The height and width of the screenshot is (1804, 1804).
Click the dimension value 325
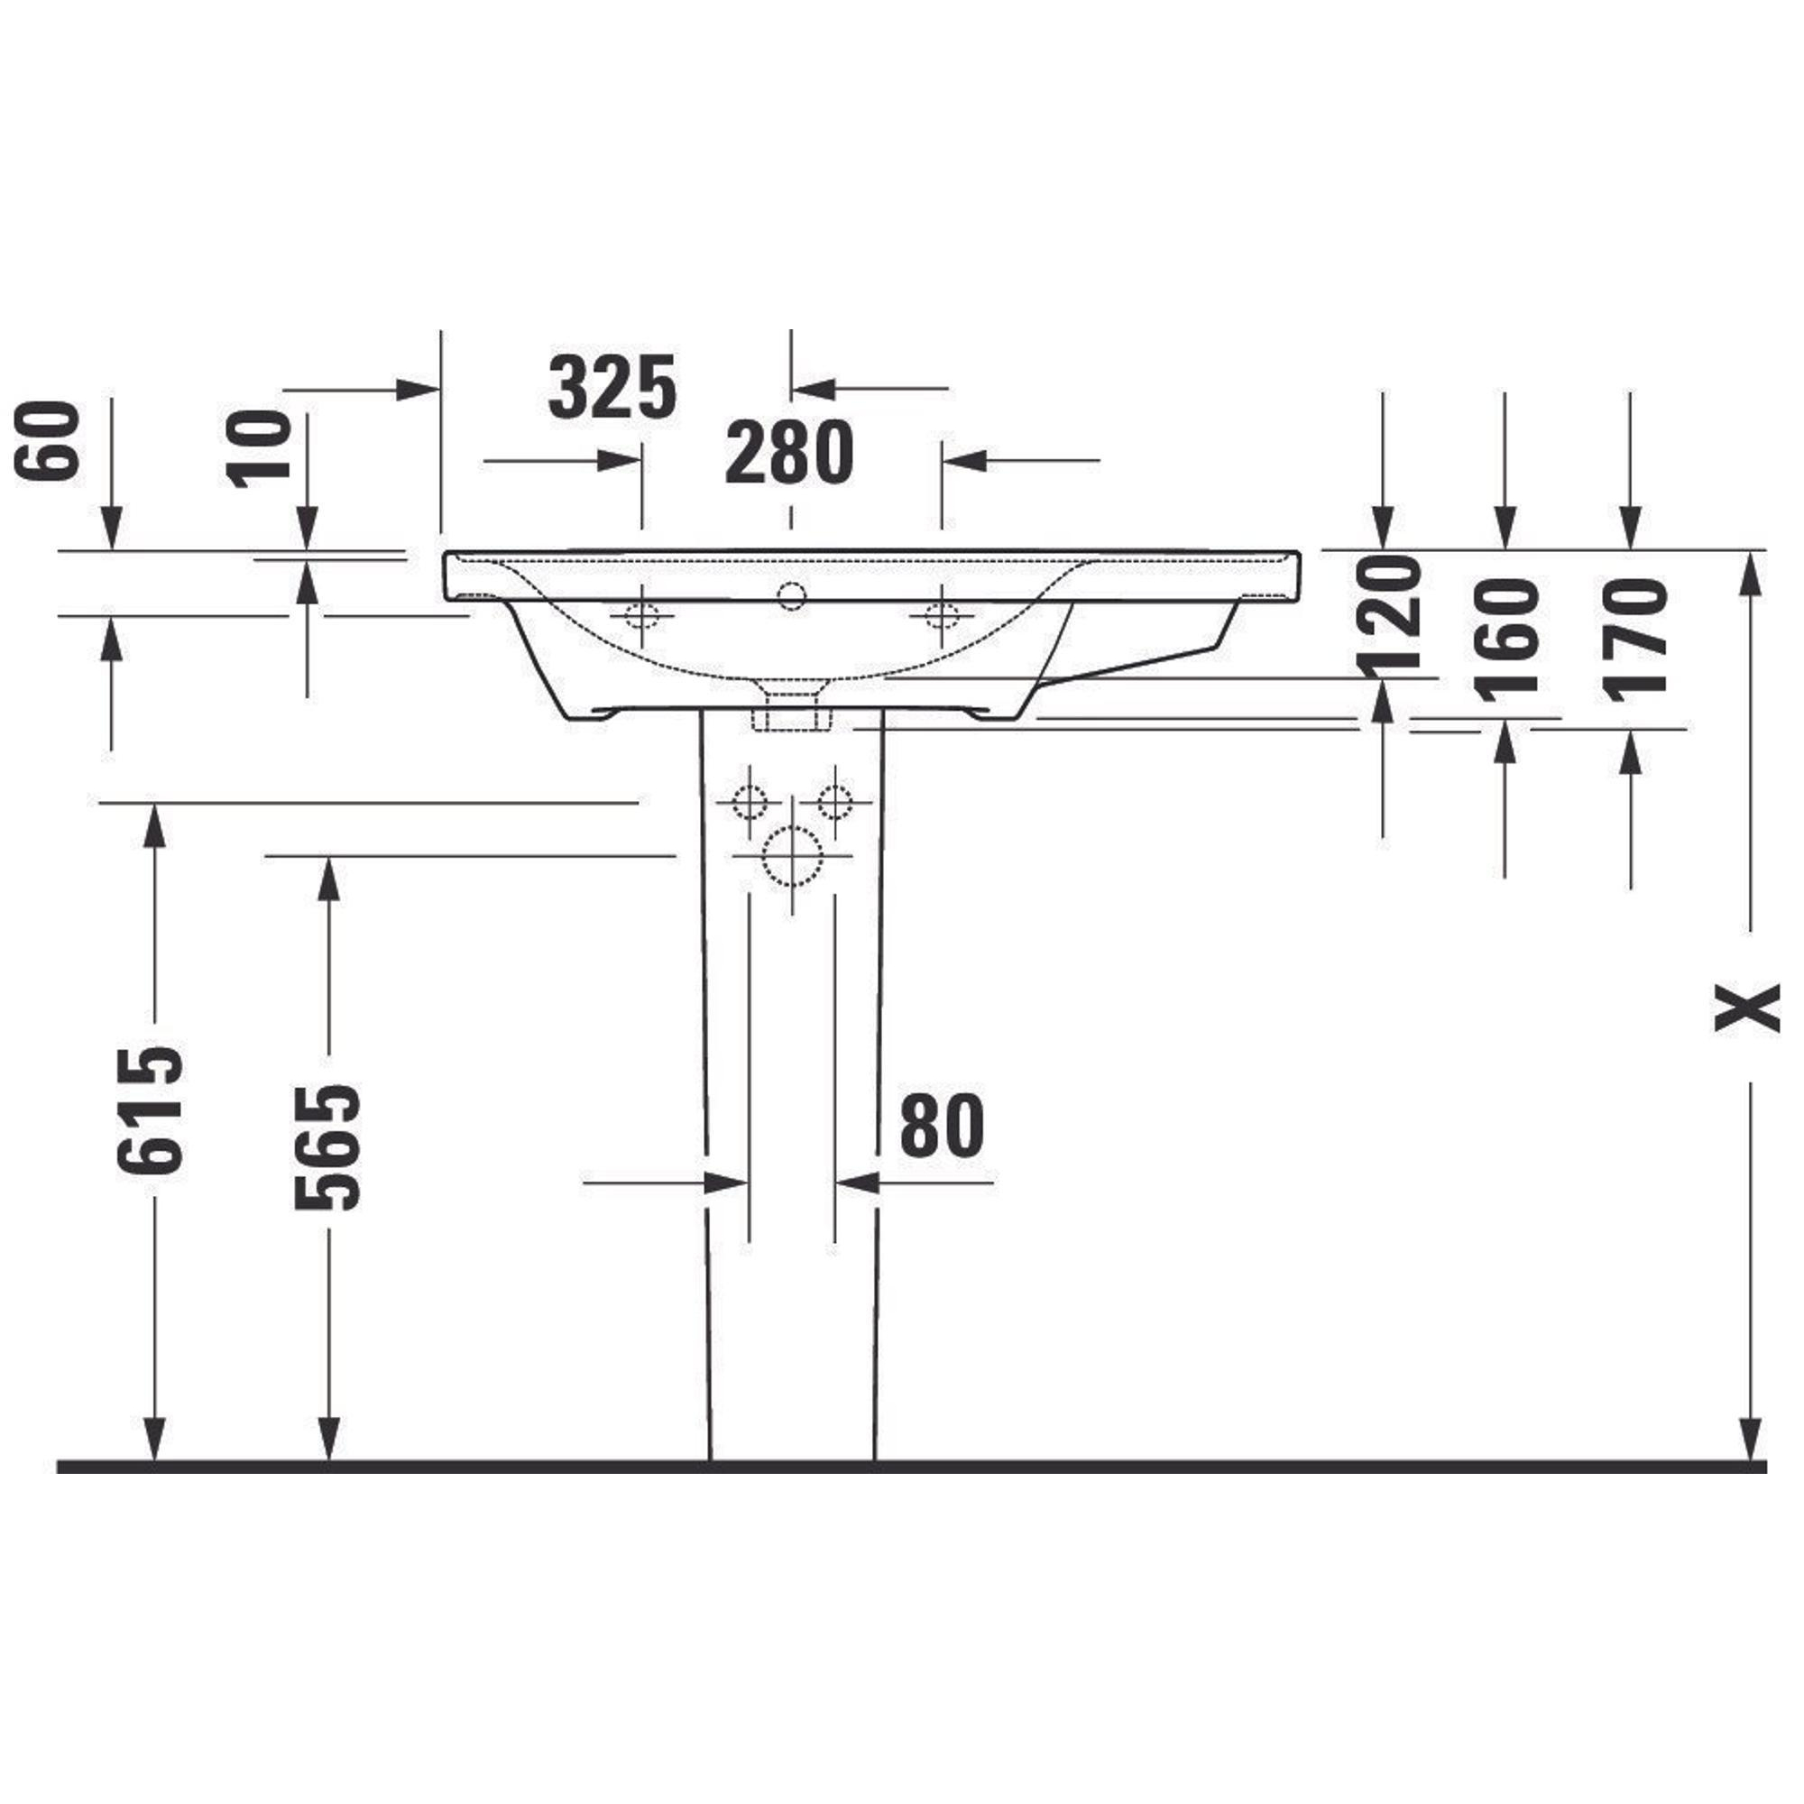(x=612, y=387)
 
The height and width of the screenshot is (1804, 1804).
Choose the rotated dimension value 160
(x=1505, y=639)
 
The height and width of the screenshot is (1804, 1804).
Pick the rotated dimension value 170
(x=1634, y=639)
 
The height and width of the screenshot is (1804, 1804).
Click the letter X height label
(x=1748, y=1008)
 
